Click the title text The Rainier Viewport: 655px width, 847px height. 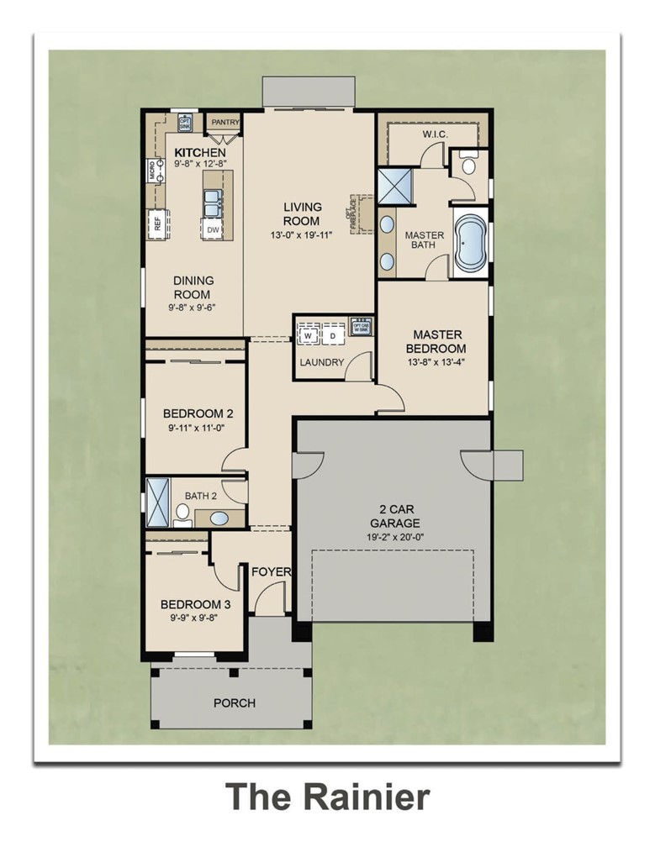coord(327,796)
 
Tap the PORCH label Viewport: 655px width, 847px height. coord(235,702)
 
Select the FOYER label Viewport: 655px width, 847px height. coord(271,572)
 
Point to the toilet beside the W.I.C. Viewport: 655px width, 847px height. coord(468,165)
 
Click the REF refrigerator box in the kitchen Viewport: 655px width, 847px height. coord(156,223)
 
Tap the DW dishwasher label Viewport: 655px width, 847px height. coord(213,229)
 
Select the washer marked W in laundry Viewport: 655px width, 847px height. coord(308,336)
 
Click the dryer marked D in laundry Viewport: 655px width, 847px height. coord(332,336)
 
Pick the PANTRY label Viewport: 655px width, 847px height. coord(224,123)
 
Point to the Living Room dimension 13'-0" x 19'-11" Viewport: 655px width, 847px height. coord(302,234)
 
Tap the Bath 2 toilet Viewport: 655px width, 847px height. coord(182,513)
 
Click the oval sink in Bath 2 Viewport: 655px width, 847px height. coord(219,518)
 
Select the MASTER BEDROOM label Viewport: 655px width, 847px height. coord(436,341)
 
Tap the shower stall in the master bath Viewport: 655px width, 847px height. coord(392,187)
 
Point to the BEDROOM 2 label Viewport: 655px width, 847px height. coord(198,413)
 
